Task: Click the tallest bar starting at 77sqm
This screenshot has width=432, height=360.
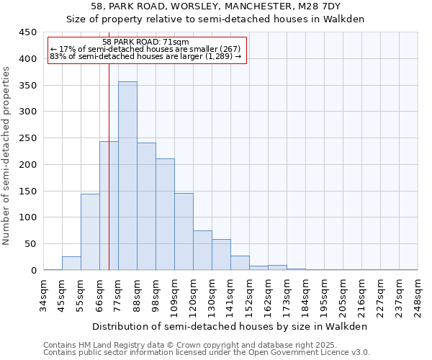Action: pyautogui.click(x=127, y=176)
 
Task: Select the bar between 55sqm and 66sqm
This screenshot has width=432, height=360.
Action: pyautogui.click(x=90, y=232)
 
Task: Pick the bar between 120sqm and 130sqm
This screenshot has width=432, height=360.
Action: pyautogui.click(x=202, y=251)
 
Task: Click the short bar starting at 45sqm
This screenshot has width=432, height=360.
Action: pyautogui.click(x=71, y=264)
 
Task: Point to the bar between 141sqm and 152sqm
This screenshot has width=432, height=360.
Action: pyautogui.click(x=240, y=264)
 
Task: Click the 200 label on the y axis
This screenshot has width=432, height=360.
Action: pyautogui.click(x=28, y=165)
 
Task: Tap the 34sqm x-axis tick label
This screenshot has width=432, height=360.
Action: pyautogui.click(x=44, y=293)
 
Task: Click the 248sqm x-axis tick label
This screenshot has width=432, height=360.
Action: pyautogui.click(x=418, y=293)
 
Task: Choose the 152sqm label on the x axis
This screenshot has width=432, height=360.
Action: pyautogui.click(x=250, y=293)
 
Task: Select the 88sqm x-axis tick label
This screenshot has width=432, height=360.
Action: pyautogui.click(x=138, y=293)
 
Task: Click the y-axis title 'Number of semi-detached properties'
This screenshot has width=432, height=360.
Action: pyautogui.click(x=7, y=156)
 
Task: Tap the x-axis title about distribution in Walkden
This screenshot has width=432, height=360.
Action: pyautogui.click(x=230, y=326)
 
